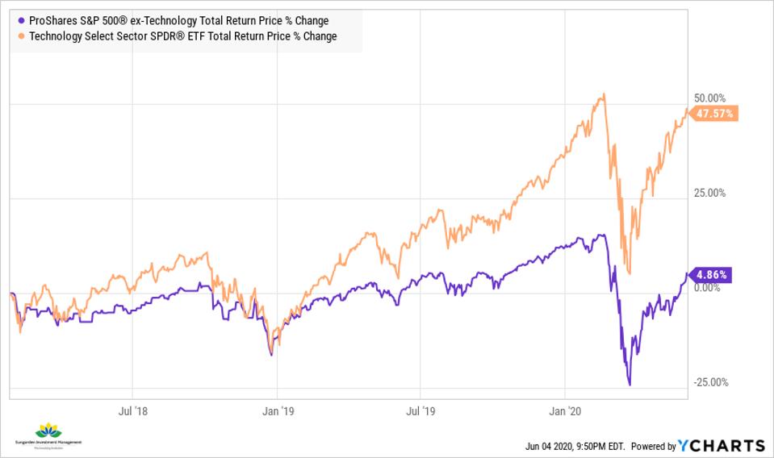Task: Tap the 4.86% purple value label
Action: [713, 275]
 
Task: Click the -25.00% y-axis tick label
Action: [709, 382]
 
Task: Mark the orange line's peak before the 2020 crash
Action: [602, 95]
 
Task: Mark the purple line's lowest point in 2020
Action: [629, 385]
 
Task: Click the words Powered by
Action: [653, 447]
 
